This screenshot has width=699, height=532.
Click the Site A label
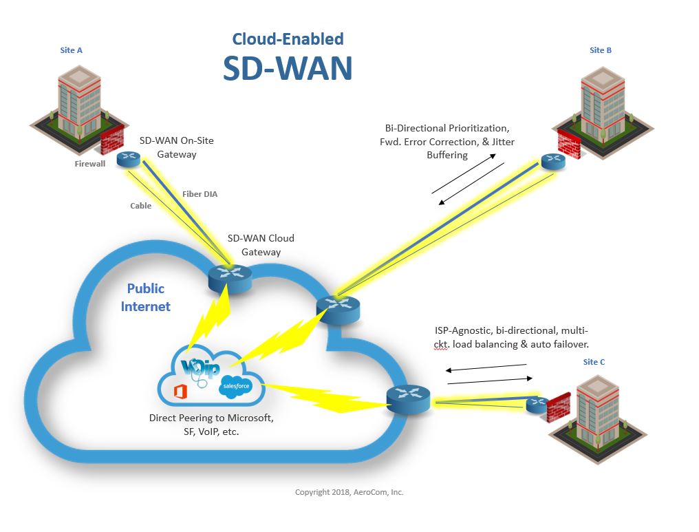click(x=71, y=50)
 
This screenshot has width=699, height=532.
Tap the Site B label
click(x=601, y=50)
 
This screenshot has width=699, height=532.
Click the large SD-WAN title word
click(x=288, y=68)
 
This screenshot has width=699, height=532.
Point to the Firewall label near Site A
click(x=90, y=164)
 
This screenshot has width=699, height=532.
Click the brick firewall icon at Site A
click(x=111, y=142)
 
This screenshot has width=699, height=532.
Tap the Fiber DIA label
click(x=200, y=194)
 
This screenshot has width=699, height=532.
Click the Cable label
click(x=141, y=206)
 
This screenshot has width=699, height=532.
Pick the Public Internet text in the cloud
click(x=146, y=297)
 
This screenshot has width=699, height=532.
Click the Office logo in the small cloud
click(x=181, y=392)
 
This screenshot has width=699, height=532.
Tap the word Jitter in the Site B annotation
click(x=501, y=142)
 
